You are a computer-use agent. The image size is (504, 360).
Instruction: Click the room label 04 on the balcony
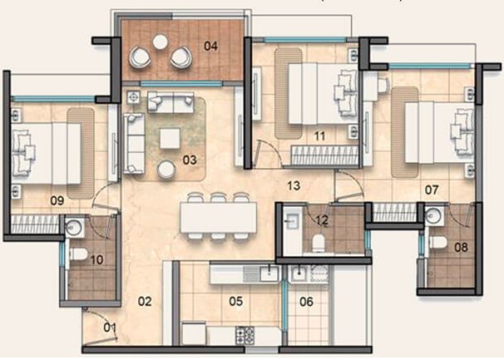(211, 47)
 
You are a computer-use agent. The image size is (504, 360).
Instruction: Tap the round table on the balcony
(160, 42)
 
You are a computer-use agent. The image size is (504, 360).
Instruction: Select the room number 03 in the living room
(190, 160)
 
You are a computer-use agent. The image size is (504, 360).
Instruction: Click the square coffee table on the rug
(170, 138)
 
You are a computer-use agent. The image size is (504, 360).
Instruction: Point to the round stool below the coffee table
(166, 169)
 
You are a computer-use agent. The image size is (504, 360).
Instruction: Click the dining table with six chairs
(218, 218)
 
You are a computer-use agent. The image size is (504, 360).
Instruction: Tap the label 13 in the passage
(294, 185)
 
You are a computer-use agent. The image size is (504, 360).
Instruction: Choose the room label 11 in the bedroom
(319, 136)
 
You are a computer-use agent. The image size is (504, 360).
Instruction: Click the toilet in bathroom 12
(319, 244)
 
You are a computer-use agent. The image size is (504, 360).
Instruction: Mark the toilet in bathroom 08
(437, 243)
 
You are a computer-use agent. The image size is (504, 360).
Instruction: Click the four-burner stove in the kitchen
(245, 335)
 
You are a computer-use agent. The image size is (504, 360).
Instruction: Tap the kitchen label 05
(236, 302)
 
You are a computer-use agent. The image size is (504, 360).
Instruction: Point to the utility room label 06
(306, 302)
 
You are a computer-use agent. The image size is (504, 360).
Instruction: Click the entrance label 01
(110, 328)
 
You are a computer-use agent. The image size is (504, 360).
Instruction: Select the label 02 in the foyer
(145, 302)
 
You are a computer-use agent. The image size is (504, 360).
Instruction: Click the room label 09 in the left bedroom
(57, 201)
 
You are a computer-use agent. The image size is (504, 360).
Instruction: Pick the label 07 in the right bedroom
(432, 190)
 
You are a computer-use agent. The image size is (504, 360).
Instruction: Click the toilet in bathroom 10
(78, 254)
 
